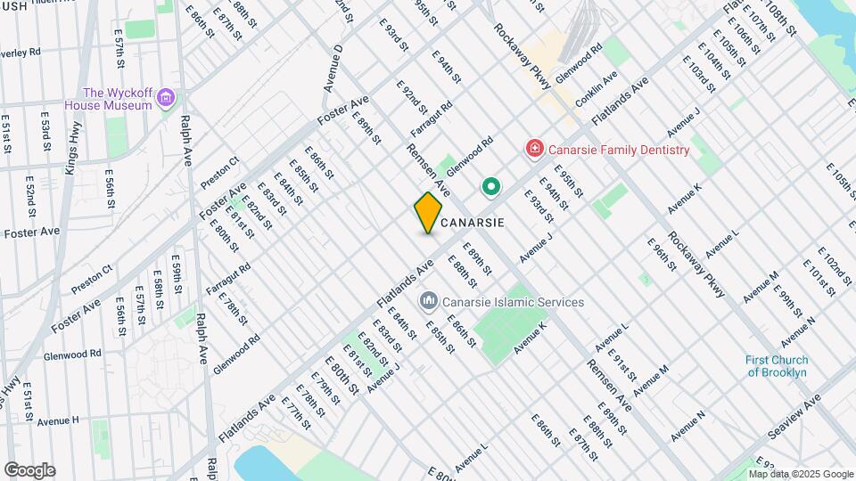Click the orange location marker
coord(428,213)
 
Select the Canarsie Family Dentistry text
coord(618,150)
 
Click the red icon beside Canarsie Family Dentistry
coord(534,149)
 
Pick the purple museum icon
coord(166,99)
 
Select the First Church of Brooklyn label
coord(776,366)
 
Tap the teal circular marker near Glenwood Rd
coord(490,187)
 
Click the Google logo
coord(29,469)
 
